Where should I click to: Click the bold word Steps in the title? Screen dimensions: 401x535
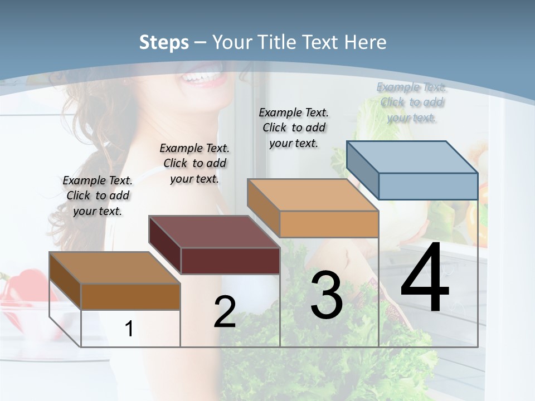[x=164, y=42]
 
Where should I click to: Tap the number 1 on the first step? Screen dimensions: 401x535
[x=129, y=329]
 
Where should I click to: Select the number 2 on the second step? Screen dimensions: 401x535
[x=225, y=311]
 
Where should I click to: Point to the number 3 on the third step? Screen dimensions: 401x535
[x=327, y=295]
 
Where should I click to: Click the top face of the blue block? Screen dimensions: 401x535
[x=412, y=157]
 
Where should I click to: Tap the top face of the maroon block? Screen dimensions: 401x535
[x=214, y=232]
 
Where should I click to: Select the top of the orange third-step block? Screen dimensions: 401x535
[x=313, y=195]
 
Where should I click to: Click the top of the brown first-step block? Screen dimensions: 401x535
[x=115, y=268]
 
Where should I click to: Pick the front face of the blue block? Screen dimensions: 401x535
[x=428, y=186]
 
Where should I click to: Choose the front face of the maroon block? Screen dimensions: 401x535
[x=230, y=261]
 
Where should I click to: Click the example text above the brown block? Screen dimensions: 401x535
[x=98, y=195]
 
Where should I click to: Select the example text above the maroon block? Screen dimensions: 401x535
[x=194, y=163]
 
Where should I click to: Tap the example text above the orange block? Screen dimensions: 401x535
[x=294, y=128]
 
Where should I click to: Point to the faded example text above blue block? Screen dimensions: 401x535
[x=412, y=102]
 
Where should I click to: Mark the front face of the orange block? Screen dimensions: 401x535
[x=329, y=224]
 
